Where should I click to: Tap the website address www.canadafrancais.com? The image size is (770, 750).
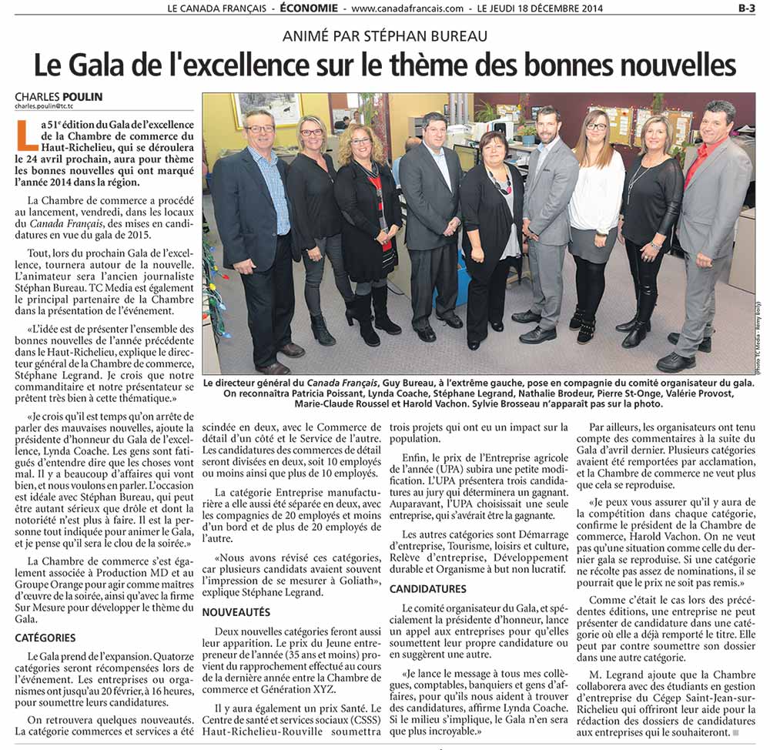(408, 8)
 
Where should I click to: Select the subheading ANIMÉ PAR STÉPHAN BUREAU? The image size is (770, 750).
(385, 35)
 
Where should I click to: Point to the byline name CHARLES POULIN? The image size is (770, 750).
(59, 97)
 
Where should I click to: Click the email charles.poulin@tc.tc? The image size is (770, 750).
(52, 107)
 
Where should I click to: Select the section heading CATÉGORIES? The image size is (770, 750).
(45, 638)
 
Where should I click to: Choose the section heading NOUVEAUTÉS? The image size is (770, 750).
(236, 611)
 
